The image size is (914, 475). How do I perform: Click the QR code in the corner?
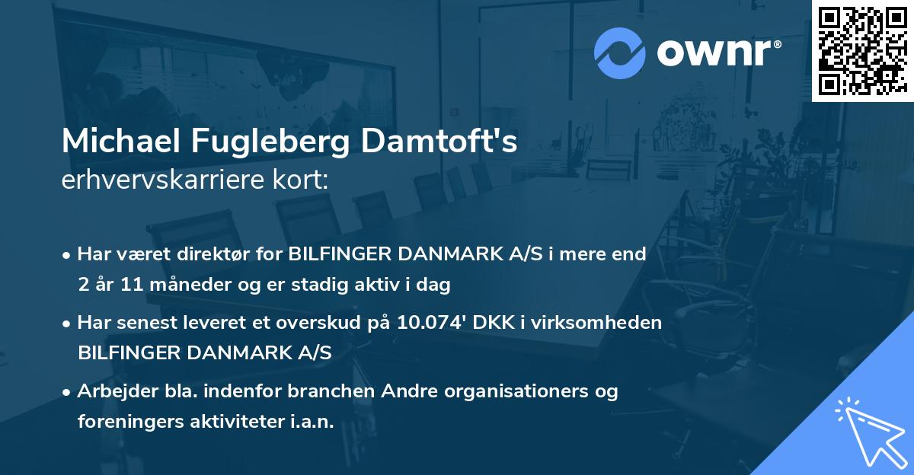point(862,50)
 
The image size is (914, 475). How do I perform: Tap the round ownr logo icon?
point(620,53)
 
